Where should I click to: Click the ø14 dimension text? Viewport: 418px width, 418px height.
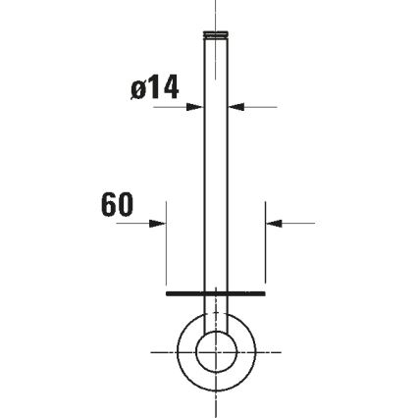pos(155,88)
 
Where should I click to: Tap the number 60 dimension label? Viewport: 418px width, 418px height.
pos(117,205)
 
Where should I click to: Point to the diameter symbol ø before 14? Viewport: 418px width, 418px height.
pos(138,89)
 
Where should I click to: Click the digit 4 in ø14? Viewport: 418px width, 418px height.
pos(171,88)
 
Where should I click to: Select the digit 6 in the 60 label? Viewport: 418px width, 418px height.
pos(109,205)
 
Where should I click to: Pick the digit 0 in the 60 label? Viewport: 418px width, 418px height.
pos(125,205)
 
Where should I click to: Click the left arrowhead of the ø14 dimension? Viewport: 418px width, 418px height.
pos(197,107)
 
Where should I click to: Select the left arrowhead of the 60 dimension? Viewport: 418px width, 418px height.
pos(159,223)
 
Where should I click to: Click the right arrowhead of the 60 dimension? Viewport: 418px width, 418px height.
pos(273,223)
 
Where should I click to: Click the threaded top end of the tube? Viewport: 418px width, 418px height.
pos(216,36)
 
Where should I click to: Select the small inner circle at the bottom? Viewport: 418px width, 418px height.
pos(216,350)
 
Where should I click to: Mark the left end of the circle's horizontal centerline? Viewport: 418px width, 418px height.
pos(154,350)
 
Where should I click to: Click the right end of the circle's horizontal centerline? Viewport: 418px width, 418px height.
pos(278,350)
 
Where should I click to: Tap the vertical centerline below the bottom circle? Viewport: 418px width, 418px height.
pos(216,402)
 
